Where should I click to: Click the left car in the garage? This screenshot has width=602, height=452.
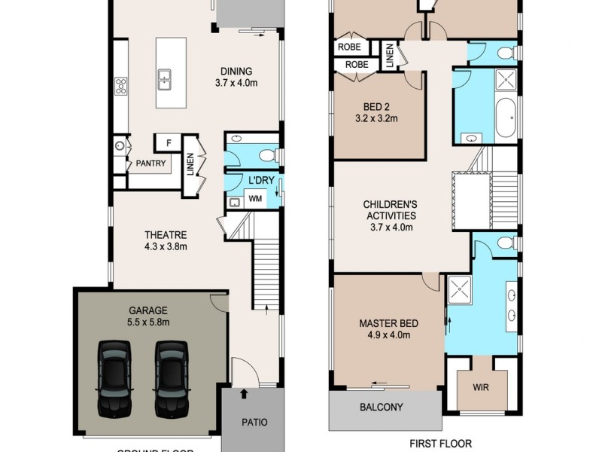tap(114, 378)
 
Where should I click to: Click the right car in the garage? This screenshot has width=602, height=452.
tap(171, 378)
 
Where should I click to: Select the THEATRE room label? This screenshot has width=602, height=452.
tap(166, 234)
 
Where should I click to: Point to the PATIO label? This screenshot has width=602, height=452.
tap(254, 422)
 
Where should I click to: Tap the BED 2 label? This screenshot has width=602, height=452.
tap(375, 106)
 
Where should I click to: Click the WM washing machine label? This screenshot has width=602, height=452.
tap(255, 199)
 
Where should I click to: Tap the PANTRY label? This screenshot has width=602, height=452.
tap(150, 163)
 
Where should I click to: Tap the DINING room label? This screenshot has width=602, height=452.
tap(236, 72)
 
